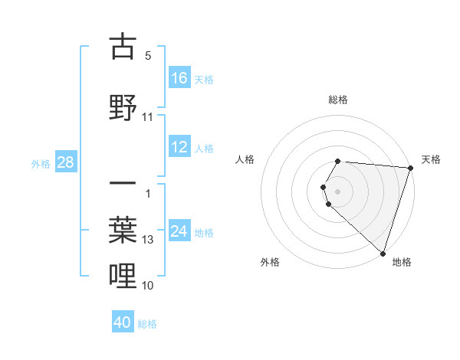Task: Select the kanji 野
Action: pyautogui.click(x=123, y=108)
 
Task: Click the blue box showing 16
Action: pyautogui.click(x=179, y=77)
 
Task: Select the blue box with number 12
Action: pyautogui.click(x=179, y=147)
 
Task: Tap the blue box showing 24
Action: pyautogui.click(x=179, y=231)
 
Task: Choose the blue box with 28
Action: pyautogui.click(x=65, y=162)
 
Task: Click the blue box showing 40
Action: pyautogui.click(x=123, y=322)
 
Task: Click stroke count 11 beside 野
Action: pyautogui.click(x=148, y=117)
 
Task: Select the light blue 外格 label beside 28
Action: pyautogui.click(x=41, y=163)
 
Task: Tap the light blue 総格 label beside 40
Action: pyautogui.click(x=147, y=323)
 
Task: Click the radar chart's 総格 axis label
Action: pyautogui.click(x=337, y=100)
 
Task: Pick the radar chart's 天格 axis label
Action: pyautogui.click(x=431, y=159)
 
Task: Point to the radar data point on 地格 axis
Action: pyautogui.click(x=383, y=253)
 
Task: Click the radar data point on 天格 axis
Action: pyautogui.click(x=410, y=167)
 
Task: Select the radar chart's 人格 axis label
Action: pyautogui.click(x=245, y=159)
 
